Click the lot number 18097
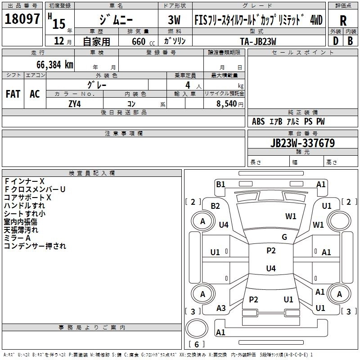(x=22, y=19)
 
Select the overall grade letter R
(x=343, y=20)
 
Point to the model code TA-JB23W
(x=257, y=40)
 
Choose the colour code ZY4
(x=75, y=103)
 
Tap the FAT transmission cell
(x=13, y=94)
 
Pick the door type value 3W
(x=175, y=20)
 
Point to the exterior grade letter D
(x=335, y=40)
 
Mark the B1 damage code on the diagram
(x=220, y=184)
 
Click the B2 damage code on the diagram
(x=215, y=206)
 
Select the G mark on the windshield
(x=284, y=237)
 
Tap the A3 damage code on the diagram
(x=221, y=308)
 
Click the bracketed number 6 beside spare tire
(x=197, y=345)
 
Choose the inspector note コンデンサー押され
(x=35, y=246)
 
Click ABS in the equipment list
(x=258, y=121)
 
